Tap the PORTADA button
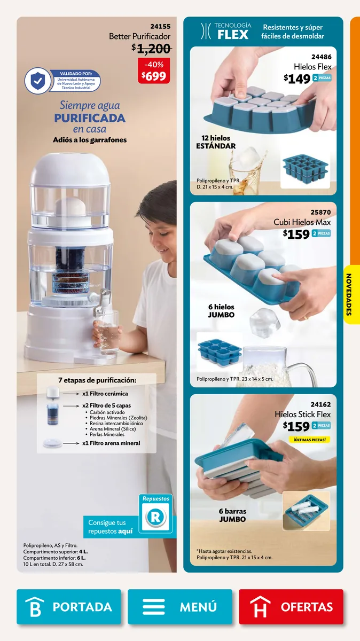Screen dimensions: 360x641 tap(69, 606)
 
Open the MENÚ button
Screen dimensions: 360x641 tap(179, 606)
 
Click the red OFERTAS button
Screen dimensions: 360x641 tap(291, 606)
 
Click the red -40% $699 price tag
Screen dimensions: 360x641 tap(154, 71)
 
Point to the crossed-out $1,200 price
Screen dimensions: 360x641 tap(151, 49)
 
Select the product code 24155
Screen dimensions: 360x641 tap(160, 26)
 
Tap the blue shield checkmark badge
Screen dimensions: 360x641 tap(37, 81)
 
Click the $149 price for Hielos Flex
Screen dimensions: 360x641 tap(297, 79)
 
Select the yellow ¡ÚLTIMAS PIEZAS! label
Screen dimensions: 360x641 tap(309, 439)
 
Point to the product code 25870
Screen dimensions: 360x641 tap(320, 213)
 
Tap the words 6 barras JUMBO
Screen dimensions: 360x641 tap(232, 515)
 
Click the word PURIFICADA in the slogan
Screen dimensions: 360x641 tap(90, 118)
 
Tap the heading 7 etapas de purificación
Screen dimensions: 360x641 tap(97, 380)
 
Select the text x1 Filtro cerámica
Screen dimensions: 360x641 tap(105, 394)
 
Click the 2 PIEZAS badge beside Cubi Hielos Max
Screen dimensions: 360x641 tap(322, 233)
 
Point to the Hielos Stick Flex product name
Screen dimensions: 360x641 tap(302, 415)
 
